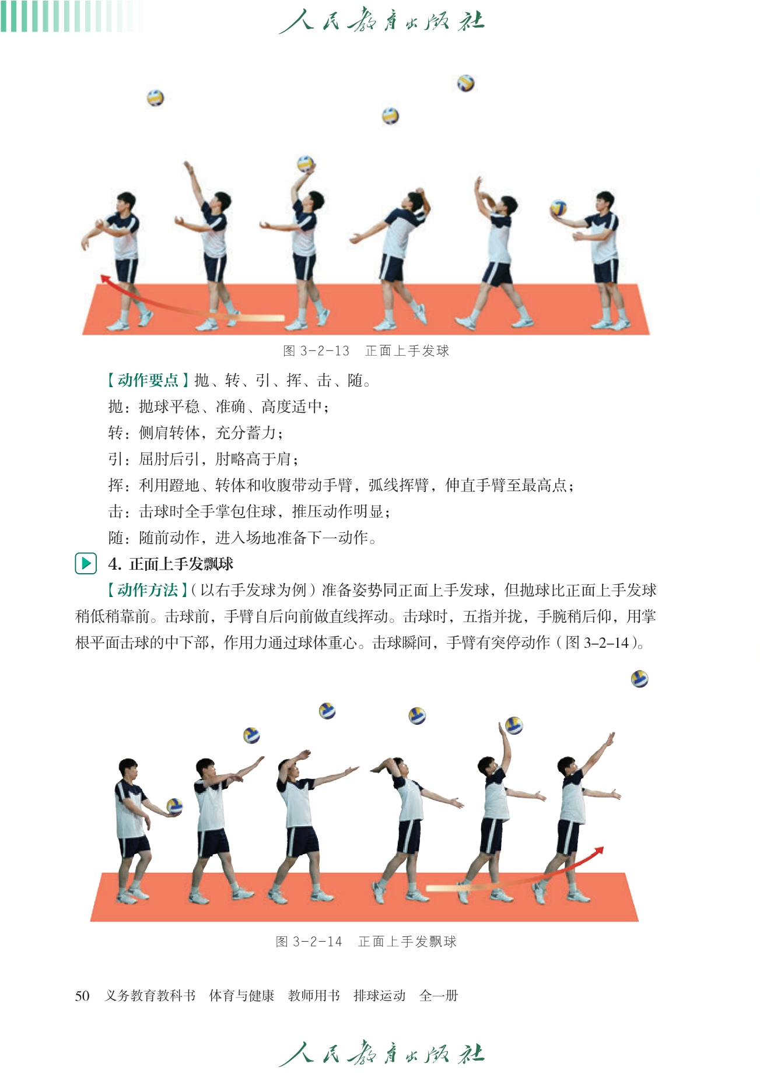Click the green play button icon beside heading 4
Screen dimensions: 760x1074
tap(86, 563)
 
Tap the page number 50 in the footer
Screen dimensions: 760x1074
tap(82, 995)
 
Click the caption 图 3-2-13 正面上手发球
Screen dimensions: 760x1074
tap(366, 350)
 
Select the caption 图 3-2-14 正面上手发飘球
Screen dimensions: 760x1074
tap(366, 941)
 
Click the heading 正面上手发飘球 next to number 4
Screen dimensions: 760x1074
tap(181, 564)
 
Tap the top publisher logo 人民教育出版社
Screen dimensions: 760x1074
tap(381, 22)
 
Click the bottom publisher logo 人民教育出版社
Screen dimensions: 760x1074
tap(381, 1054)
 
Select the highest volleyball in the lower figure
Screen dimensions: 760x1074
tap(640, 679)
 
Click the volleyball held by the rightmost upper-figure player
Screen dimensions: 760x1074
tap(558, 208)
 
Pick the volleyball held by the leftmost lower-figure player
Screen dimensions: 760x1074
tap(174, 806)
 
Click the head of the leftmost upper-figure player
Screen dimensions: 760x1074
tap(125, 202)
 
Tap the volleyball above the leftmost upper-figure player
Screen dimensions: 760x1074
tap(155, 97)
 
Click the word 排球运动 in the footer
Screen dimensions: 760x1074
tap(379, 995)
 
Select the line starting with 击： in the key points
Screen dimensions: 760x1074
tap(250, 511)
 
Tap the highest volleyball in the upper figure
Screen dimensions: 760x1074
tap(465, 83)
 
